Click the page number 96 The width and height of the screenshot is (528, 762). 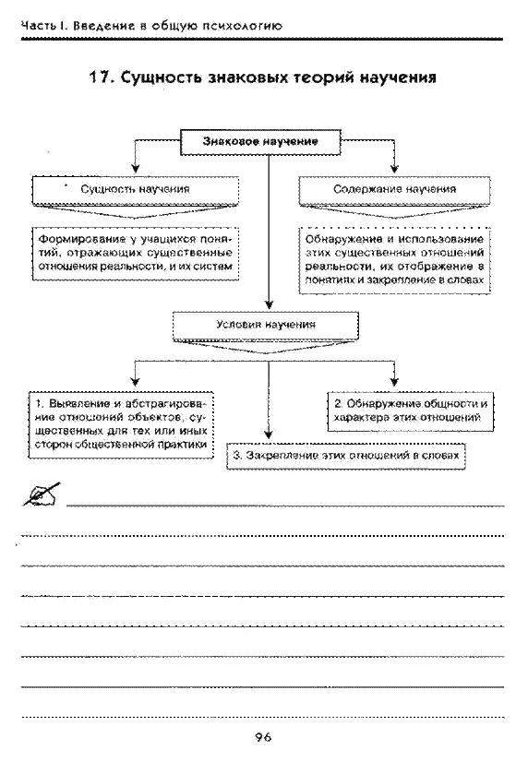[263, 737]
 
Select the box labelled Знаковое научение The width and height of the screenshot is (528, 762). [260, 142]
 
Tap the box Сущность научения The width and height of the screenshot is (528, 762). [135, 190]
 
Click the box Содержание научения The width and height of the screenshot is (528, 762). [394, 190]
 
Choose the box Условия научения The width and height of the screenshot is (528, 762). [266, 325]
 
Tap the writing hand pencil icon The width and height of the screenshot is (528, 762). [42, 494]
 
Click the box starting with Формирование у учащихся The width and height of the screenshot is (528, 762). [136, 253]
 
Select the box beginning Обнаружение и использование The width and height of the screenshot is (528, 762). [394, 260]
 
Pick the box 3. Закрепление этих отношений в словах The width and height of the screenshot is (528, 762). [346, 456]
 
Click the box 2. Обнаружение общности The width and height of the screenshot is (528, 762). [411, 411]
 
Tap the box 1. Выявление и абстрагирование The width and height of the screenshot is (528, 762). [121, 424]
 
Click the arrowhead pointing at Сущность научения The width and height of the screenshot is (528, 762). [136, 169]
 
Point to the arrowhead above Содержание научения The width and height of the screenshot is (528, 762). [394, 169]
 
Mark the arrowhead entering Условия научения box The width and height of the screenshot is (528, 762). [269, 305]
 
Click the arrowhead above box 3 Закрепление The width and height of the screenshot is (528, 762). [269, 434]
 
